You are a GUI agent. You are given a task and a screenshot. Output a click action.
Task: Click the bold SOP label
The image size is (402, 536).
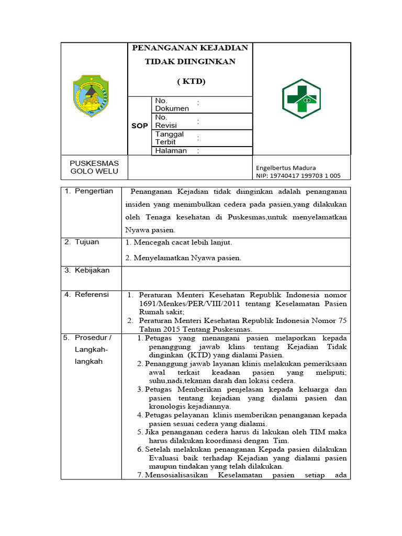139,126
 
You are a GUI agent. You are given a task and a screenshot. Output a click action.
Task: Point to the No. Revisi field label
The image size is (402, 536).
166,121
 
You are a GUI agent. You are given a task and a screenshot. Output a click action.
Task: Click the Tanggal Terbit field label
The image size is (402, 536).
169,138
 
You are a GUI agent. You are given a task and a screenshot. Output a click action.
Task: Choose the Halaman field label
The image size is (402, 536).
171,151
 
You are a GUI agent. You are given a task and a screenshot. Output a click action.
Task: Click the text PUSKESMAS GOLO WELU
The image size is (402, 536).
94,167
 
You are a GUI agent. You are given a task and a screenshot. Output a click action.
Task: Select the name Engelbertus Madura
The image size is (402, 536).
286,167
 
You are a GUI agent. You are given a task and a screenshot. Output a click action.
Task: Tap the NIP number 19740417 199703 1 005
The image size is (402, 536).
298,176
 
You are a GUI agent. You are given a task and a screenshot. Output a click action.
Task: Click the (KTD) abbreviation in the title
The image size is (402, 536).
191,81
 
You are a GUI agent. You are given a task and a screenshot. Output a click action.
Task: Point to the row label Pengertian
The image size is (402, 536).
94,191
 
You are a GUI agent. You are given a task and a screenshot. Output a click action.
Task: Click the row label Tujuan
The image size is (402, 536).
87,242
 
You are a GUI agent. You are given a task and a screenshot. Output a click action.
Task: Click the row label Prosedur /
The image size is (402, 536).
93,337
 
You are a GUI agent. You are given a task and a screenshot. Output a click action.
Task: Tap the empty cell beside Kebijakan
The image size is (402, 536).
236,277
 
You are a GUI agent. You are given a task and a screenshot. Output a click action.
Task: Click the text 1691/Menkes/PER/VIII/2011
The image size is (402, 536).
185,304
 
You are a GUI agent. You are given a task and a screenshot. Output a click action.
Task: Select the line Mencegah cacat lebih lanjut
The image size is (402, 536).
179,242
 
